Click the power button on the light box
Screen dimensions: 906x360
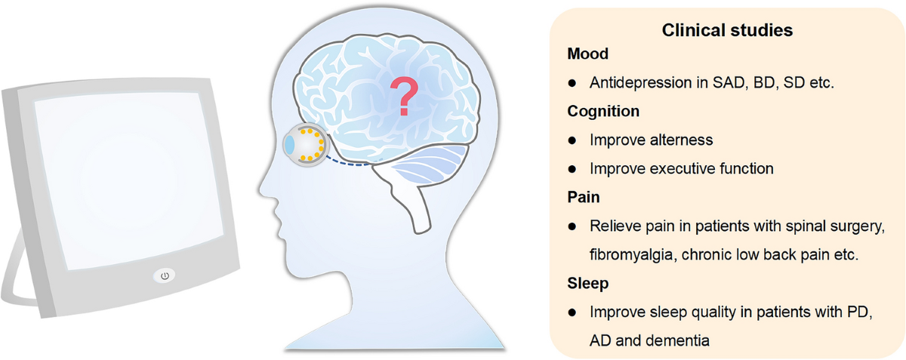(165, 275)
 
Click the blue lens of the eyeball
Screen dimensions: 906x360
(290, 145)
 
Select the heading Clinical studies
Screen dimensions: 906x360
(727, 31)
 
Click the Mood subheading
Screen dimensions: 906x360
(587, 54)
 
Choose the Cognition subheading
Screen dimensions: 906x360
(603, 111)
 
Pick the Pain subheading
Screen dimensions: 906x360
(584, 197)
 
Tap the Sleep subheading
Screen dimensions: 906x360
(587, 284)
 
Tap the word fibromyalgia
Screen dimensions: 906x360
(631, 254)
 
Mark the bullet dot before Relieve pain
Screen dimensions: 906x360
(573, 226)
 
